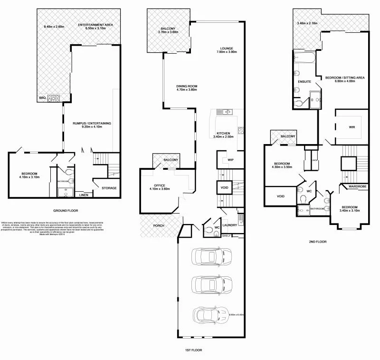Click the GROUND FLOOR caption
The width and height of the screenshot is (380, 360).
tap(66, 210)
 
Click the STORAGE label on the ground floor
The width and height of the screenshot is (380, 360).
tap(109, 188)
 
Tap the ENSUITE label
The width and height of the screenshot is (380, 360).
tap(304, 82)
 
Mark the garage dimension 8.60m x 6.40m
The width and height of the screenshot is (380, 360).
tap(236, 315)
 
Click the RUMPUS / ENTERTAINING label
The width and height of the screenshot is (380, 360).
tap(92, 125)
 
